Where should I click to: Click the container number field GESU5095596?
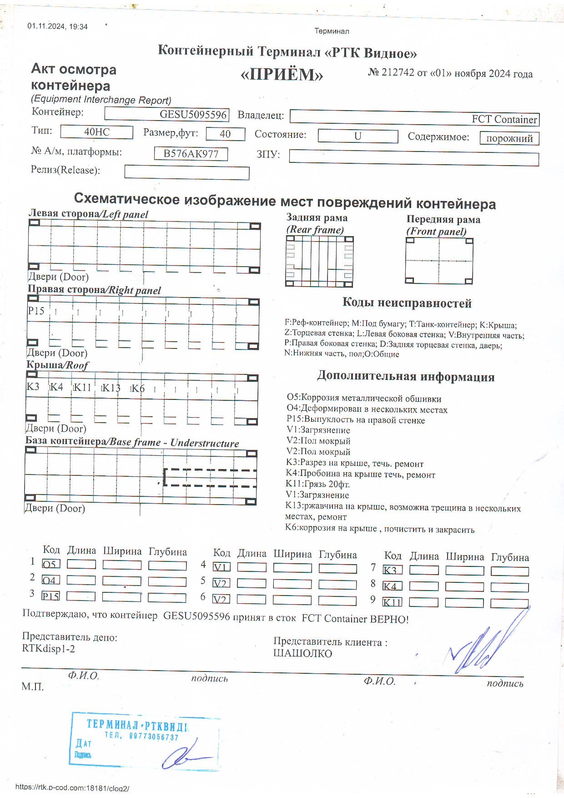coord(166,114)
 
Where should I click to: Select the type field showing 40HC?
coord(96,132)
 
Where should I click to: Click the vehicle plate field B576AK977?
coord(191,154)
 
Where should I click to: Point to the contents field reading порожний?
coord(509,138)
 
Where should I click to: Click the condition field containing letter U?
coord(358,136)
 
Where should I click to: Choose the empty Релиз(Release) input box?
coord(186,173)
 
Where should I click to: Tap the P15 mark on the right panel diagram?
coord(36,311)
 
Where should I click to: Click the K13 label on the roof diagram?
coord(111,388)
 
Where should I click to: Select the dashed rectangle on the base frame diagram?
coord(210,477)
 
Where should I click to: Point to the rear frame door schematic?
coord(319,261)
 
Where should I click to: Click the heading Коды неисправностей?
coord(407,303)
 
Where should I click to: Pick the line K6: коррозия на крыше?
coord(380,529)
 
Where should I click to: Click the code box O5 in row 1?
coord(50,564)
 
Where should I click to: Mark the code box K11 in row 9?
coord(392,602)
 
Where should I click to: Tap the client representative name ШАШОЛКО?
coord(302,653)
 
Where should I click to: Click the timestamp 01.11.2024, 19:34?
coord(57,26)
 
